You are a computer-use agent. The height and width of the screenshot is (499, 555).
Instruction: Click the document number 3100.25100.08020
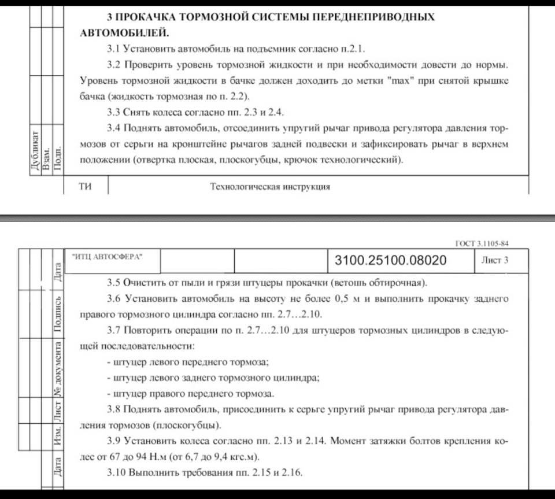(390, 261)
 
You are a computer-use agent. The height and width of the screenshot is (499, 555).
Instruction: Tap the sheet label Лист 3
(494, 260)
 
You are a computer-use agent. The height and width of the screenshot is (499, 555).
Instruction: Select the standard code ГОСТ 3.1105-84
(483, 243)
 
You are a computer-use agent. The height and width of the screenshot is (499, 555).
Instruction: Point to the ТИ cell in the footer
(86, 186)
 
